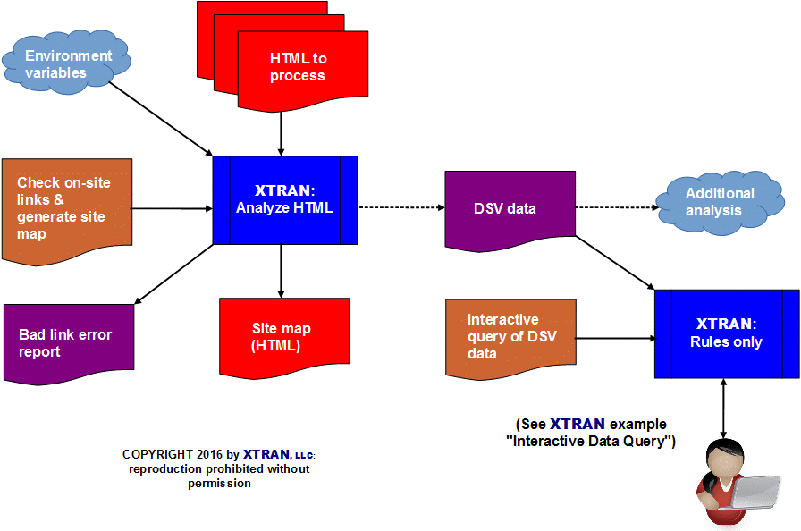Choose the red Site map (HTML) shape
283,336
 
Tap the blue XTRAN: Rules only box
726,333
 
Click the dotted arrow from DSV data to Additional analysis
617,208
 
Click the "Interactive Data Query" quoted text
591,442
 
